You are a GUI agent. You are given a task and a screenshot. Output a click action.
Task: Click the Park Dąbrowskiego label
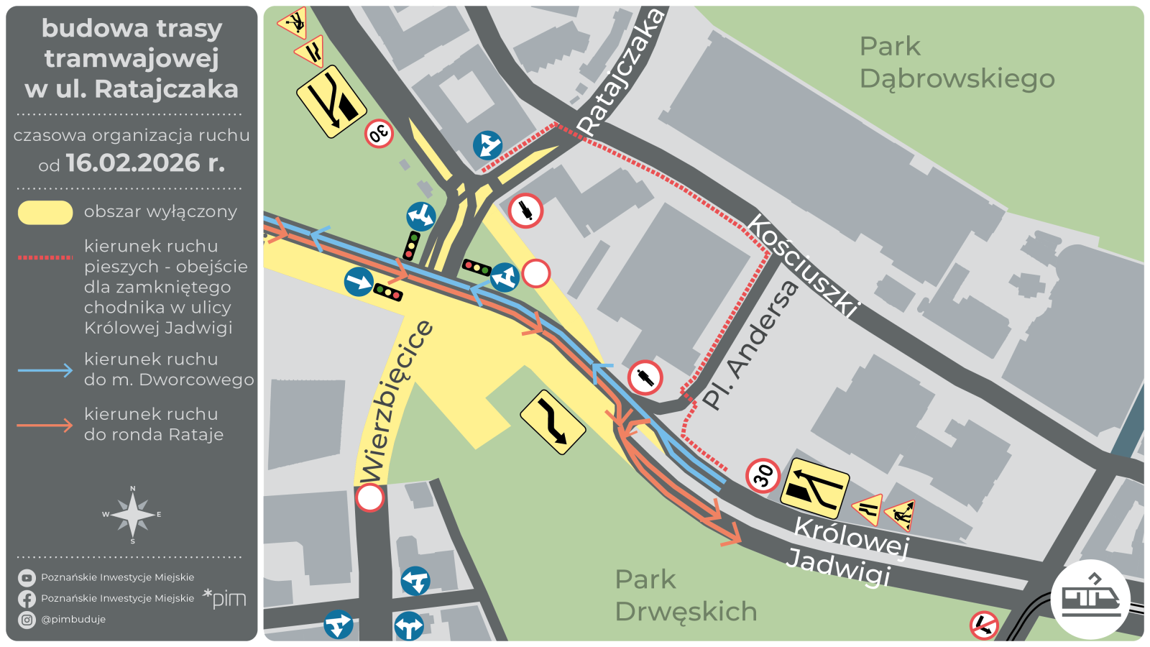tap(956, 63)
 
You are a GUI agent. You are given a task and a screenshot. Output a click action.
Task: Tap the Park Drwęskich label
tap(685, 595)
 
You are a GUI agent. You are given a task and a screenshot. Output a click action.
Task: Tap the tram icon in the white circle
tap(1090, 599)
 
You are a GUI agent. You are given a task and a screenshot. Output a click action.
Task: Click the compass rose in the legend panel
tap(132, 515)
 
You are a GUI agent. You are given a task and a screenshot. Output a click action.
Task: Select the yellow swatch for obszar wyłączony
tap(45, 213)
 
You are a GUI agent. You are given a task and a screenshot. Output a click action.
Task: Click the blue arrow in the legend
tap(45, 370)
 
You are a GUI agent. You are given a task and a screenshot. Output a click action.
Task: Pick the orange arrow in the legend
tap(45, 426)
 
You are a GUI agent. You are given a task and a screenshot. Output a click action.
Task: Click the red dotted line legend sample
tap(45, 257)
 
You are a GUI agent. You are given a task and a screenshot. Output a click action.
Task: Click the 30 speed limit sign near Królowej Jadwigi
tap(763, 475)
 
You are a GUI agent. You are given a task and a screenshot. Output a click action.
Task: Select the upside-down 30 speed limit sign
tap(379, 134)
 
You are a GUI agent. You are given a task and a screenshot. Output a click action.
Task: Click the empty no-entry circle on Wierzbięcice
tap(370, 497)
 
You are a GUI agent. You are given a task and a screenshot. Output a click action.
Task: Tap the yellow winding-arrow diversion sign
tap(553, 423)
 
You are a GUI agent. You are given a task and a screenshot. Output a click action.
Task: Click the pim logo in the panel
tap(225, 597)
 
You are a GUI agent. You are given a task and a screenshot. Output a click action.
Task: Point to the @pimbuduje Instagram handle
tap(73, 619)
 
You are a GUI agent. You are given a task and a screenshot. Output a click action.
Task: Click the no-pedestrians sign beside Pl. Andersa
tap(645, 377)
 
